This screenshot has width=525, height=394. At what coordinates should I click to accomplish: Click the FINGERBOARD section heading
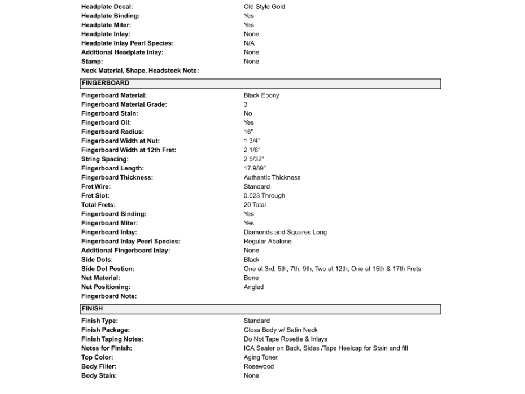(105, 84)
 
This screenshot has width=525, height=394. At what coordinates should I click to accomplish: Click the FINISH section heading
(92, 309)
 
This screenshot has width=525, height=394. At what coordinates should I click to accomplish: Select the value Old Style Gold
(264, 7)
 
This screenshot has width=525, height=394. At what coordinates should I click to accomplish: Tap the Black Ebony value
(261, 95)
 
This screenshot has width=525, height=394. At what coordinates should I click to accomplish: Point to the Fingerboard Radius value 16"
(249, 132)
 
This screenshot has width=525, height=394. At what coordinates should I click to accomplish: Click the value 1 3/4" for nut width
(252, 141)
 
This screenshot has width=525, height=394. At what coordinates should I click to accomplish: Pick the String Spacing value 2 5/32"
(253, 159)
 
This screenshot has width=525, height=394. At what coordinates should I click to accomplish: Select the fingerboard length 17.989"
(255, 168)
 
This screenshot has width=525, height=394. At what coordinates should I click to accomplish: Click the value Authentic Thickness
(272, 177)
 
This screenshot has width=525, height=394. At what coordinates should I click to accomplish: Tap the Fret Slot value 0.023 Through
(264, 195)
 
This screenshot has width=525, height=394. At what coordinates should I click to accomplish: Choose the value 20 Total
(255, 205)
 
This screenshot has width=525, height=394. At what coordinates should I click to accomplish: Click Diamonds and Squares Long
(285, 232)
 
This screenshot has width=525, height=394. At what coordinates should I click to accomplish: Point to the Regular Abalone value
(268, 241)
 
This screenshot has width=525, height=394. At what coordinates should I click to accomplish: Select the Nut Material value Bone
(251, 278)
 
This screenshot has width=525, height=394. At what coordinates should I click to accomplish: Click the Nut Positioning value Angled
(253, 287)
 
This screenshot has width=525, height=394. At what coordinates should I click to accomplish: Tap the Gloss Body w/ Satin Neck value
(281, 330)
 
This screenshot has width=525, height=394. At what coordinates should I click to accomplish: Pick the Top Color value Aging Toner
(260, 357)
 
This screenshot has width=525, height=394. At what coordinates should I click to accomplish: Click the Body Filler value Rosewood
(259, 366)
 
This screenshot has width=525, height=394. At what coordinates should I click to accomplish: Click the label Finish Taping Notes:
(112, 339)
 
